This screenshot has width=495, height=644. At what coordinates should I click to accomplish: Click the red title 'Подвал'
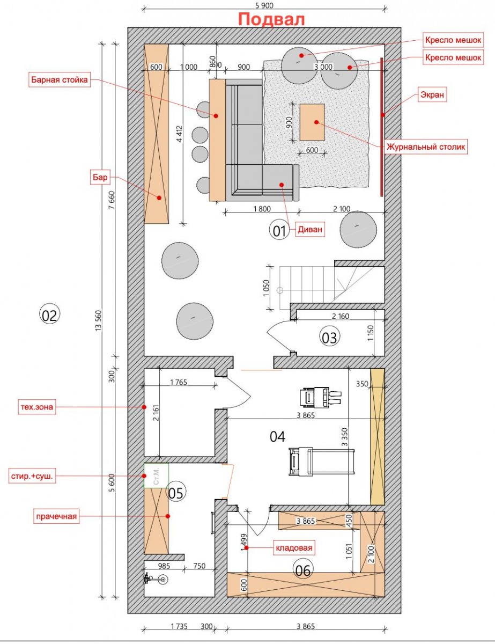[x=271, y=19]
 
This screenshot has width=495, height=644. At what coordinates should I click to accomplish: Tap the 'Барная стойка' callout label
[x=60, y=80]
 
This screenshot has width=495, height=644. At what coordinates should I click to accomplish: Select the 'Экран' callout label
[x=432, y=95]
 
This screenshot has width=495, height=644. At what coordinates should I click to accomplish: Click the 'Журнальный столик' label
[x=426, y=147]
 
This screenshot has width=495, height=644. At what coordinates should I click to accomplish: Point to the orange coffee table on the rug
[x=312, y=122]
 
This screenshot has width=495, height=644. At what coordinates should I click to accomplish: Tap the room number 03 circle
[x=329, y=337]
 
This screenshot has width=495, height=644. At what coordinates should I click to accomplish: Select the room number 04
[x=277, y=437]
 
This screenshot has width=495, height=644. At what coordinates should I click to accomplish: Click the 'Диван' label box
[x=310, y=229]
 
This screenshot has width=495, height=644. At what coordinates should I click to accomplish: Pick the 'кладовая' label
[x=294, y=548]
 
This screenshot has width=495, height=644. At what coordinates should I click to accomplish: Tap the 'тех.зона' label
[x=36, y=407]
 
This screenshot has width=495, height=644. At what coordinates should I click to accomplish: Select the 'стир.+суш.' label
[x=32, y=476]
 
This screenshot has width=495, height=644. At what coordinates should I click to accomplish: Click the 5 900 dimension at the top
[x=264, y=5]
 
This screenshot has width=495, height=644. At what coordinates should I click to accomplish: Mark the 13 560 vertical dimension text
[x=99, y=321]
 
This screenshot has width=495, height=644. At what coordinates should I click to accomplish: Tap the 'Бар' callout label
[x=100, y=178]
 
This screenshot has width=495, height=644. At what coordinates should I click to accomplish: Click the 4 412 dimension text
[x=180, y=134]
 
